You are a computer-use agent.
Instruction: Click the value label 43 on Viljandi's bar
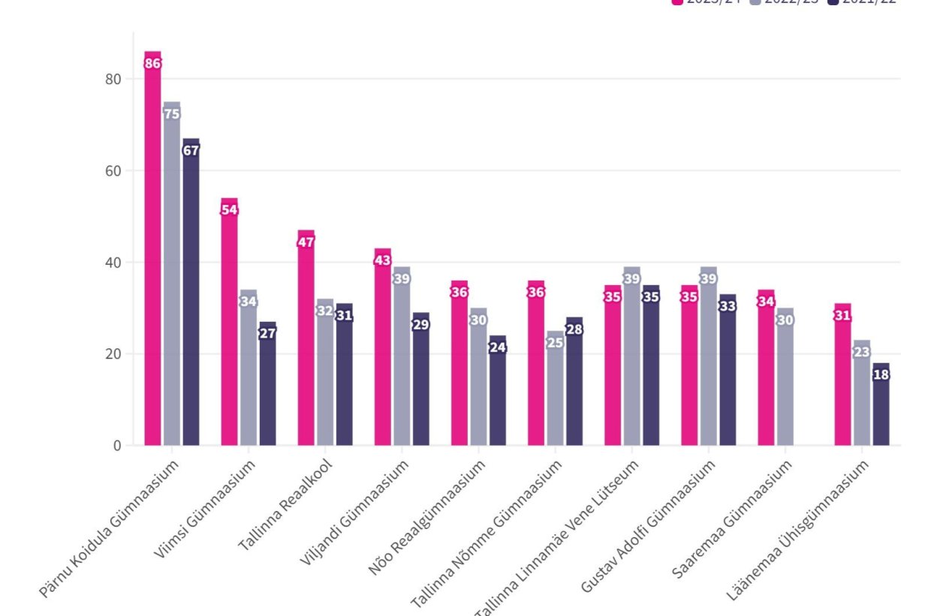pyautogui.click(x=382, y=260)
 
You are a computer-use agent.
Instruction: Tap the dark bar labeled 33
pyautogui.click(x=728, y=375)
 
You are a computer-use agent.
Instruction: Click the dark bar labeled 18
pyautogui.click(x=881, y=409)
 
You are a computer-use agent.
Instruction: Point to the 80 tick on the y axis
pyautogui.click(x=116, y=79)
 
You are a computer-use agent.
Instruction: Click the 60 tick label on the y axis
pyautogui.click(x=116, y=170)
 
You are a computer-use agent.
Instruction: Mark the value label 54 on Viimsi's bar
pyautogui.click(x=229, y=210)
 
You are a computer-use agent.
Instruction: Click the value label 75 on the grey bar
pyautogui.click(x=172, y=114)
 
